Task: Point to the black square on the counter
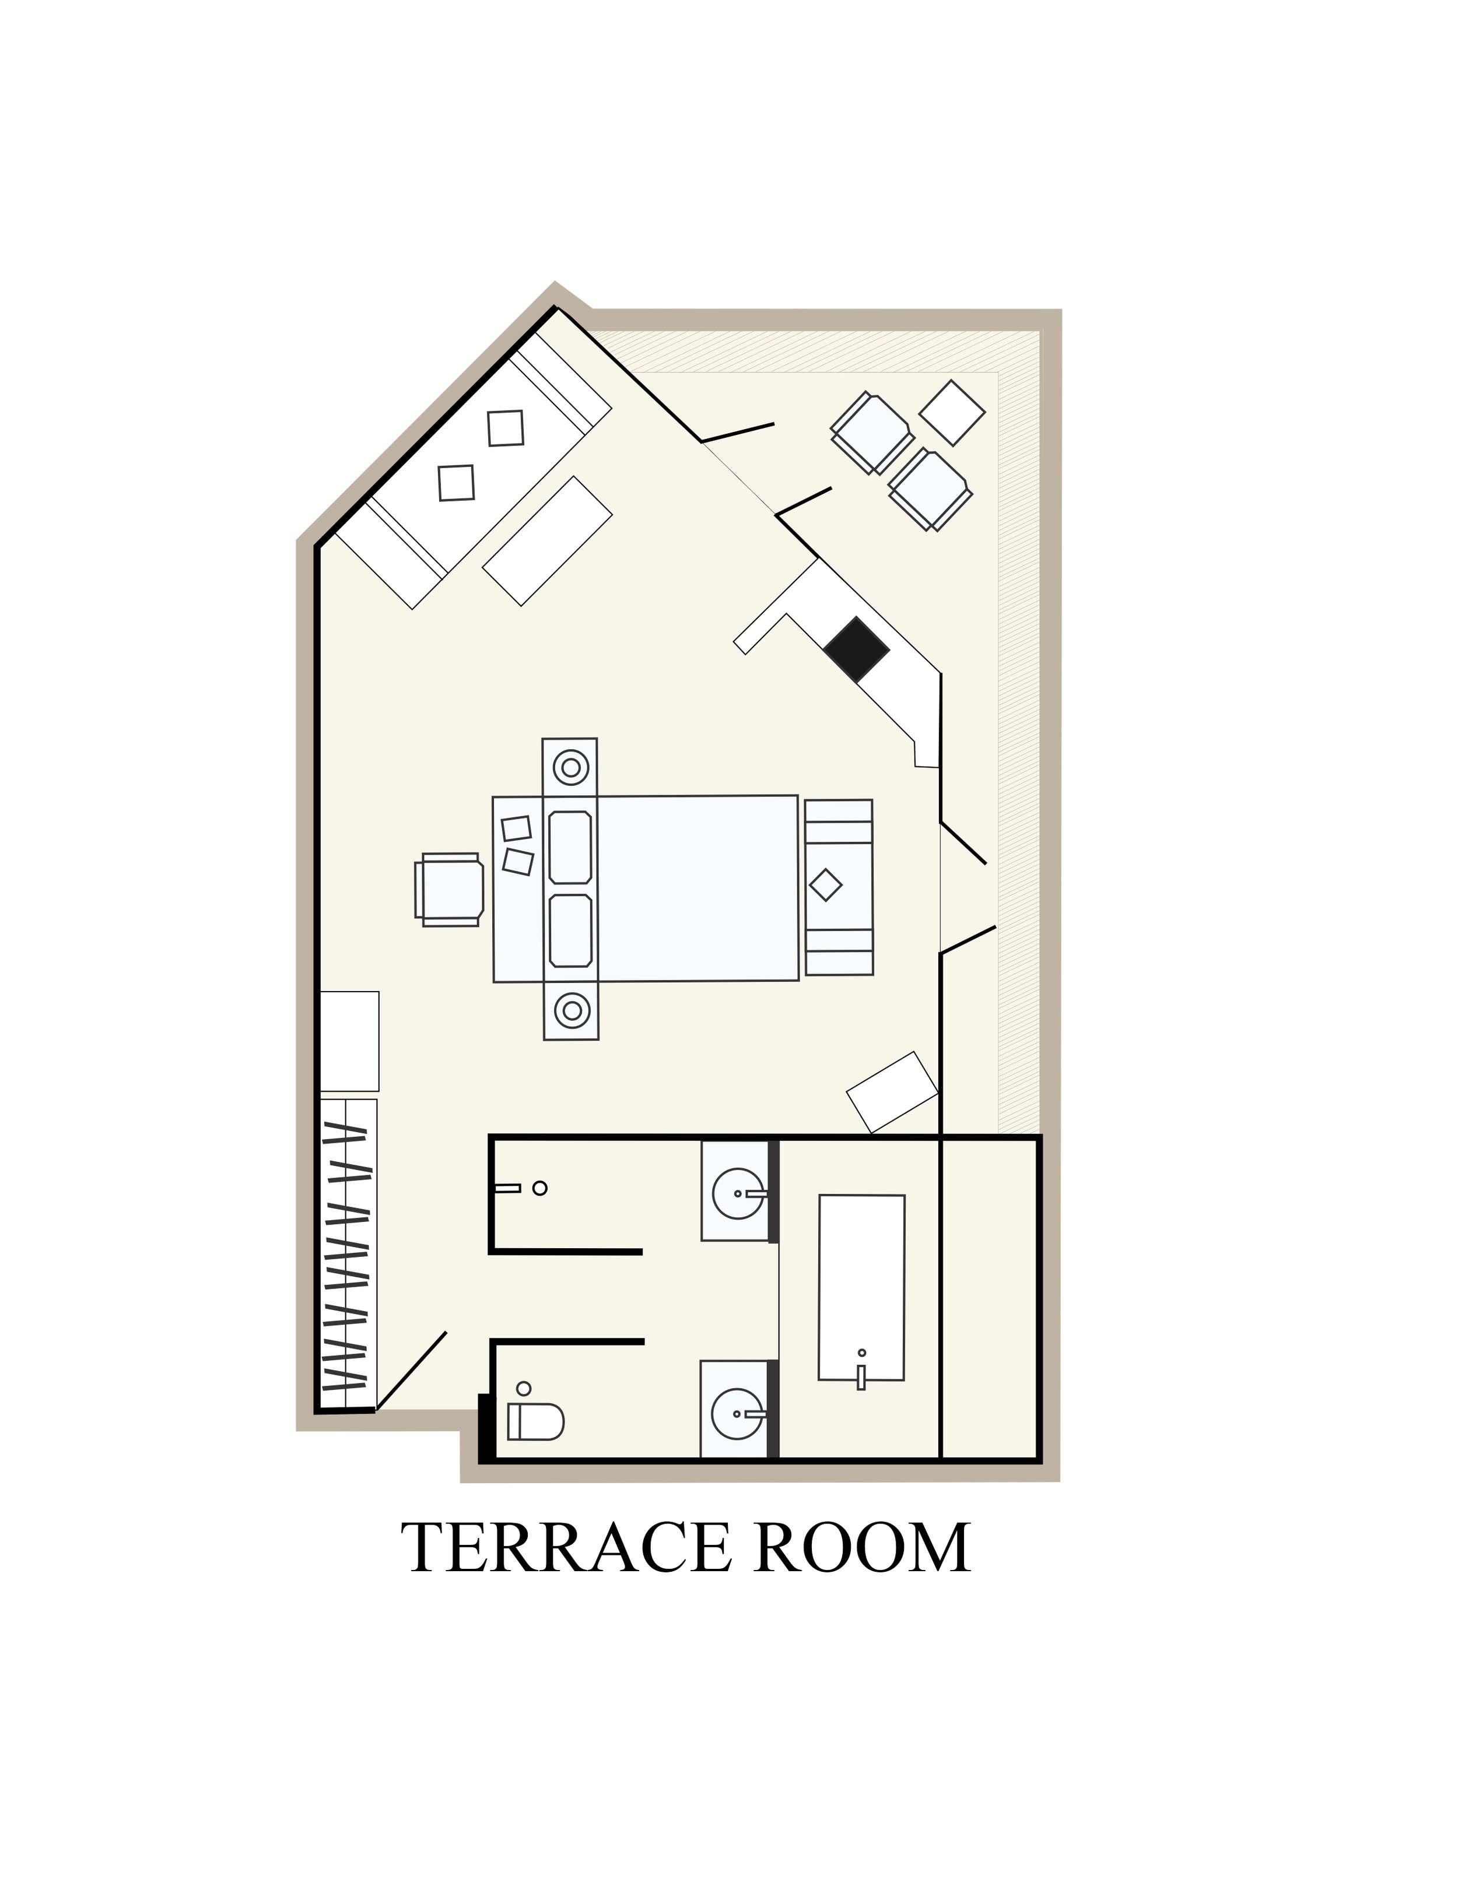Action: click(856, 649)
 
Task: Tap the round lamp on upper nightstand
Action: click(571, 767)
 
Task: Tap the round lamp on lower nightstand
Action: click(572, 1010)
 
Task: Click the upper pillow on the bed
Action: click(570, 847)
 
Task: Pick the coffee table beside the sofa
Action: click(548, 540)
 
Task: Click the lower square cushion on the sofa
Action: click(456, 483)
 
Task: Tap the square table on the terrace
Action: click(952, 413)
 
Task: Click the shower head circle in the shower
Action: click(540, 1188)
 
